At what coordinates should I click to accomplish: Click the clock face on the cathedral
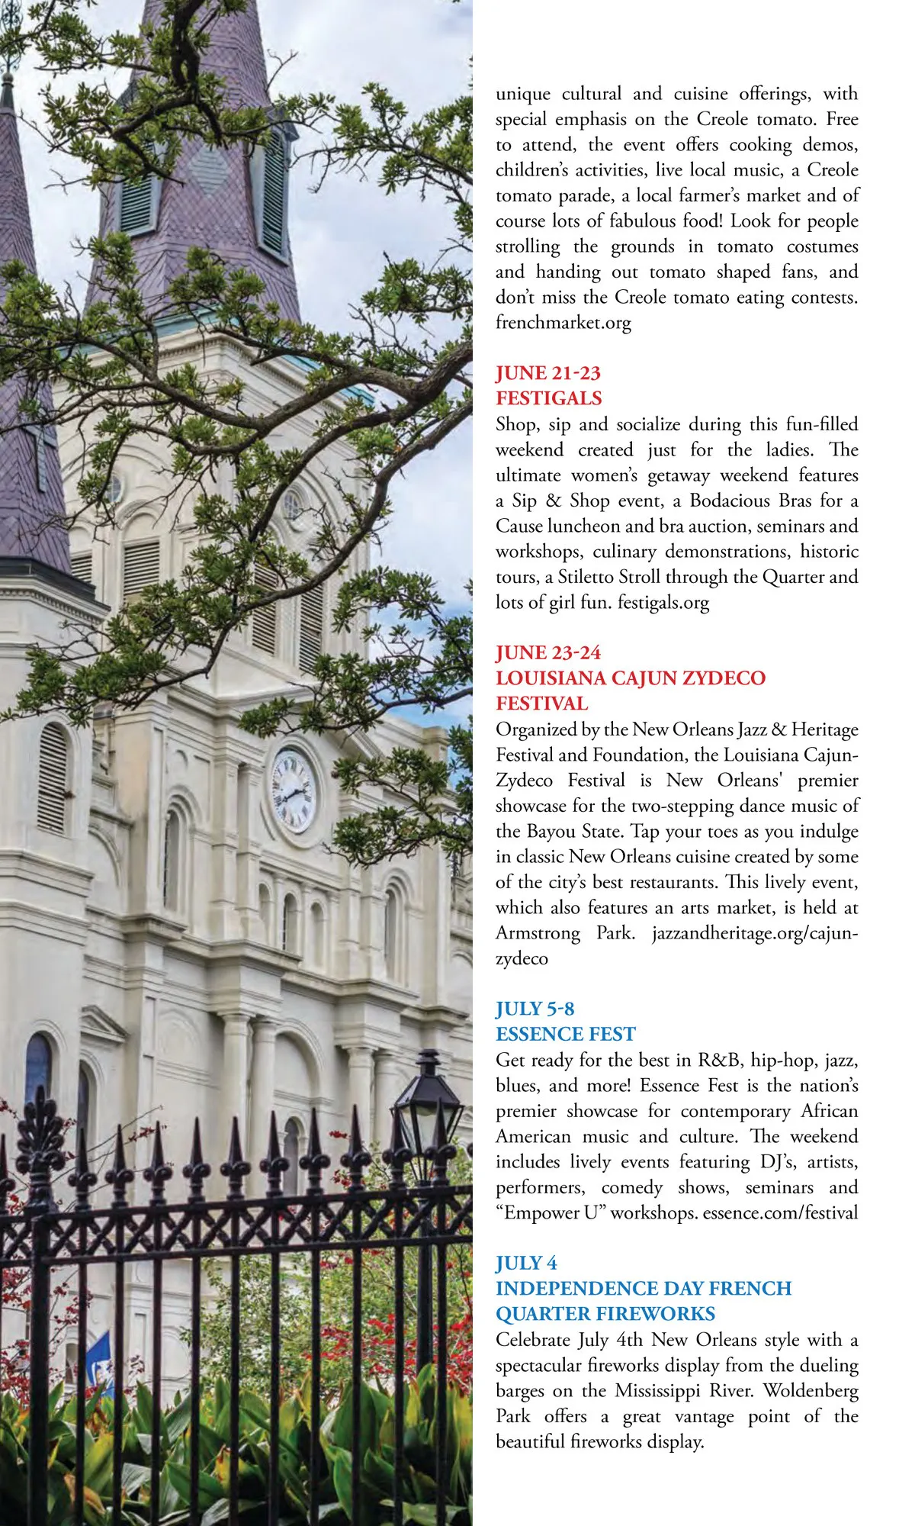point(294,790)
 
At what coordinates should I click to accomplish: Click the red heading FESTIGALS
point(548,398)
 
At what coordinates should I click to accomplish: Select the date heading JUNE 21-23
point(547,373)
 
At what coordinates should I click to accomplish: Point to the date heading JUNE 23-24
point(547,652)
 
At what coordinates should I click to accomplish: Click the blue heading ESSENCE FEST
point(565,1034)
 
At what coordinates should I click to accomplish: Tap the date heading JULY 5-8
point(535,1009)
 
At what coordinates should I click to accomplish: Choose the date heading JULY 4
point(526,1263)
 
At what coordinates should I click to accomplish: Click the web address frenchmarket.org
point(563,323)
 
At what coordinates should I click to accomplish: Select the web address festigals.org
point(663,603)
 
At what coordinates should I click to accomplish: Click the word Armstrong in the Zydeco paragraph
point(537,932)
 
